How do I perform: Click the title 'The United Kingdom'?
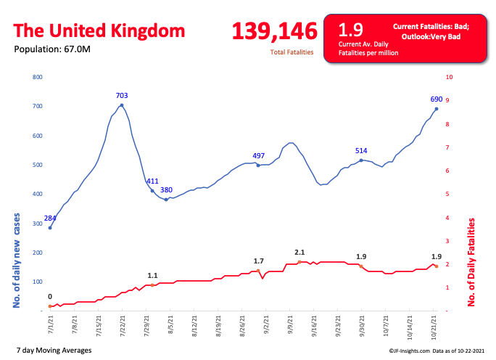[x=99, y=31]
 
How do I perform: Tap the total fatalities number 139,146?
[x=275, y=31]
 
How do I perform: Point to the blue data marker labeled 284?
[x=50, y=228]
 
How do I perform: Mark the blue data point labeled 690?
[x=437, y=109]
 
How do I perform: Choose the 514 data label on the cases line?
[x=361, y=150]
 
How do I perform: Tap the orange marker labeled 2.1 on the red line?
[x=299, y=262]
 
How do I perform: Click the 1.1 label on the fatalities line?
[x=152, y=276]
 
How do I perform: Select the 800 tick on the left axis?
[x=38, y=77]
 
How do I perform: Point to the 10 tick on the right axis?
[x=450, y=77]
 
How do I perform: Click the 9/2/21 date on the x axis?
[x=266, y=322]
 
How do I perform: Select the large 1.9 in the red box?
[x=351, y=30]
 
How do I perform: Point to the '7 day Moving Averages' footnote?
[x=53, y=351]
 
